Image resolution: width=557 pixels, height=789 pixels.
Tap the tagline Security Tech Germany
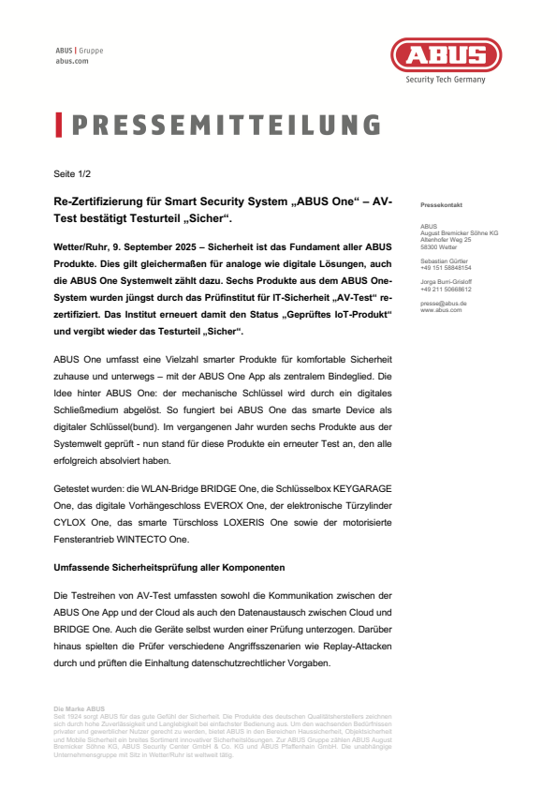(446, 80)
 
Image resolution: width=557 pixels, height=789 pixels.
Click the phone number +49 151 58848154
(446, 266)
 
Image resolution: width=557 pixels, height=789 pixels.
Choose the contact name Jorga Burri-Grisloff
(447, 282)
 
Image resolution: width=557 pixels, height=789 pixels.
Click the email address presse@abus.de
(444, 304)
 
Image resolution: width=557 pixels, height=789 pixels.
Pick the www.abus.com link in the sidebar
(442, 309)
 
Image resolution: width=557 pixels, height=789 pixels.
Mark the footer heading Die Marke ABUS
(80, 708)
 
